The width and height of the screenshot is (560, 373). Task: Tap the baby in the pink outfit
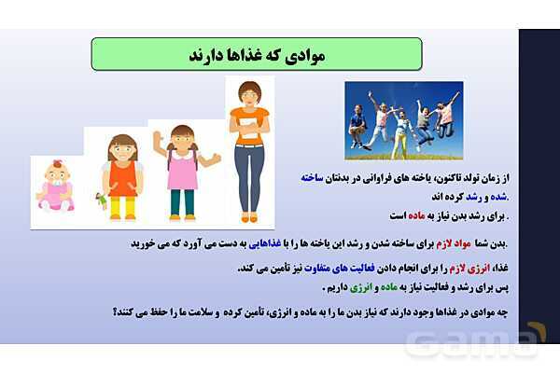coord(56,186)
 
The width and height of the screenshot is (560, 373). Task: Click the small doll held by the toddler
coord(100,200)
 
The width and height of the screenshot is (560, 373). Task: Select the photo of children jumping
coord(404,119)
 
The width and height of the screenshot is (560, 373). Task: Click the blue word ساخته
coord(495,176)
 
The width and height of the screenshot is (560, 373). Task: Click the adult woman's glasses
coord(248,93)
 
